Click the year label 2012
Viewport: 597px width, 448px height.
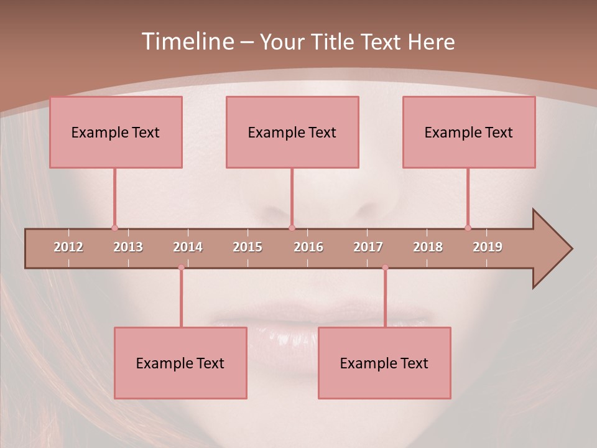coord(68,247)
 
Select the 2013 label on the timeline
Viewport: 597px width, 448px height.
coord(128,247)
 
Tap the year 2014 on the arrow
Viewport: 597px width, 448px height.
coord(188,247)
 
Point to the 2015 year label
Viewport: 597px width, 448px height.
coord(248,247)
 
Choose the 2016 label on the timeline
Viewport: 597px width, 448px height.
coord(308,247)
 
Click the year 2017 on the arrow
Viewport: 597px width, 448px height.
coord(368,247)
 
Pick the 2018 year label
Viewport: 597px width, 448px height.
coord(428,247)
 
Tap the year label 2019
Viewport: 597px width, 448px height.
coord(488,247)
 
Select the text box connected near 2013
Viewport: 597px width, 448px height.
coord(116,132)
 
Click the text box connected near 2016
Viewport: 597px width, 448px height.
coord(292,132)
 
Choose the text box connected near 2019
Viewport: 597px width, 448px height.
coord(469,132)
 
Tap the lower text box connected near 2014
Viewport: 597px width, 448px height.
coord(180,363)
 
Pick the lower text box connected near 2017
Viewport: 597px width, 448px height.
coord(384,363)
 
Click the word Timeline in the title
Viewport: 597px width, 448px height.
coord(187,42)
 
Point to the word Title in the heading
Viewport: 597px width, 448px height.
coord(338,42)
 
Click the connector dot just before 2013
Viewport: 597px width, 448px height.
coord(114,228)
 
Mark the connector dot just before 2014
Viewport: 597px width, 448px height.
coord(181,268)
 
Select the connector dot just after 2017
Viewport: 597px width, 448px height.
coord(385,268)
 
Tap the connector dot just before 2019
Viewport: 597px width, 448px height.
coord(468,228)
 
